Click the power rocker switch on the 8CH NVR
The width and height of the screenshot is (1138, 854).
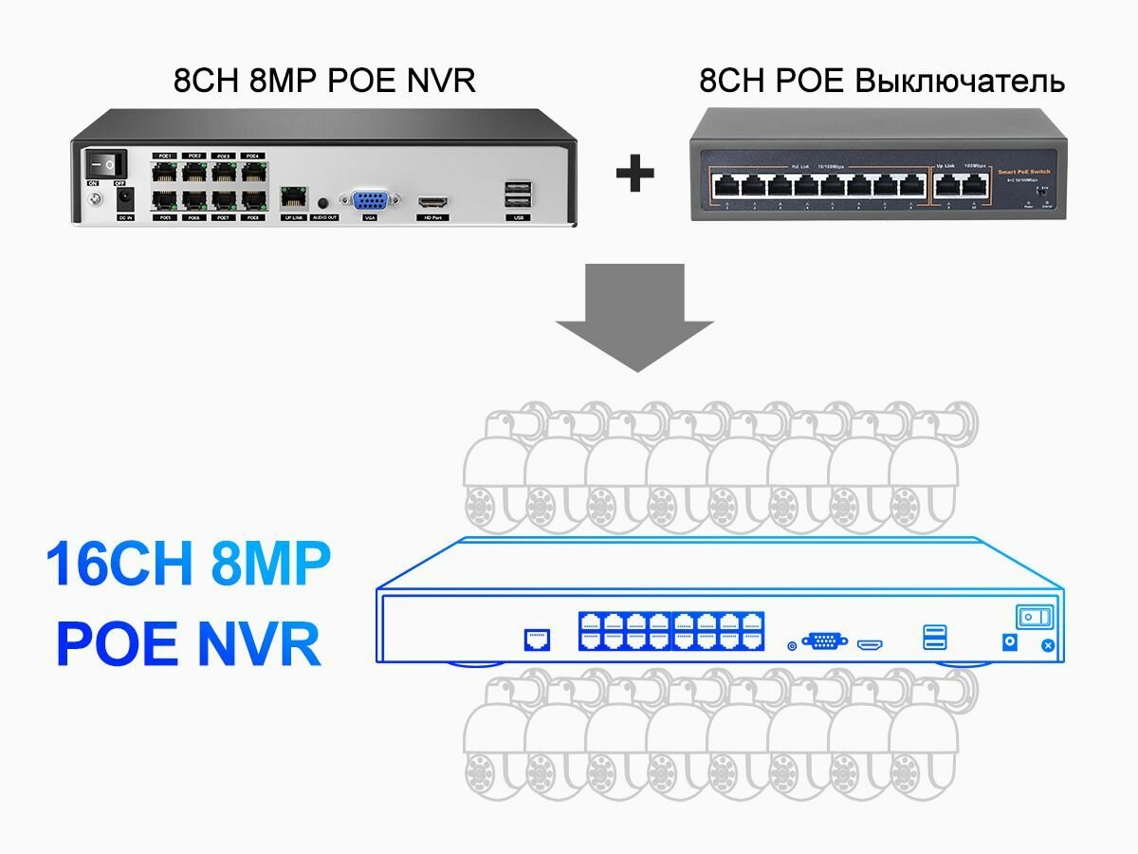[105, 163]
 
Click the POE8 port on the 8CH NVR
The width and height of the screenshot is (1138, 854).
[251, 200]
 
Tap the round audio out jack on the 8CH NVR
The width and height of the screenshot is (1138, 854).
[324, 202]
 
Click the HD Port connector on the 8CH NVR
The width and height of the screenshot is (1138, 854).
[434, 202]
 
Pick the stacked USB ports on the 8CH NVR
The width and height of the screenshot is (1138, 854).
[517, 195]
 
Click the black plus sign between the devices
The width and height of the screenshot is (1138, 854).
[634, 174]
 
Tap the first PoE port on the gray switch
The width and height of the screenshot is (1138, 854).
[725, 184]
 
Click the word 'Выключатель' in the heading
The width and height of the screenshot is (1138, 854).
[960, 82]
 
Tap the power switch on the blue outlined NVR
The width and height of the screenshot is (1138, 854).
[1035, 618]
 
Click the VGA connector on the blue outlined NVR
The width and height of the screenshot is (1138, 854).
[825, 641]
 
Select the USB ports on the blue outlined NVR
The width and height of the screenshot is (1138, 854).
[933, 638]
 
